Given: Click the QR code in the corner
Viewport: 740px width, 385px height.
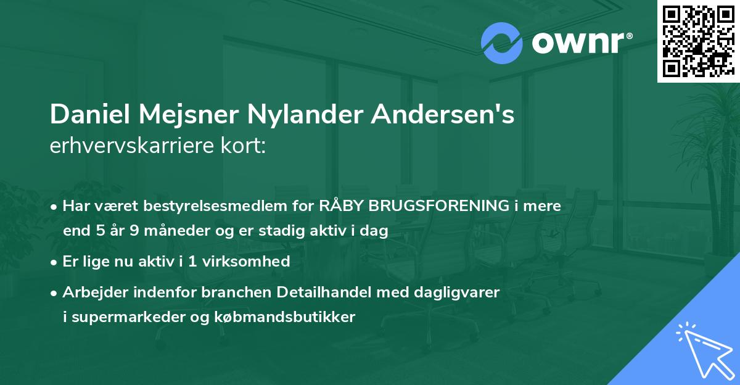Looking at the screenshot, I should coord(698,41).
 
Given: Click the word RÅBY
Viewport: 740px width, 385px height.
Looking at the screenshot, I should coord(342,207).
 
